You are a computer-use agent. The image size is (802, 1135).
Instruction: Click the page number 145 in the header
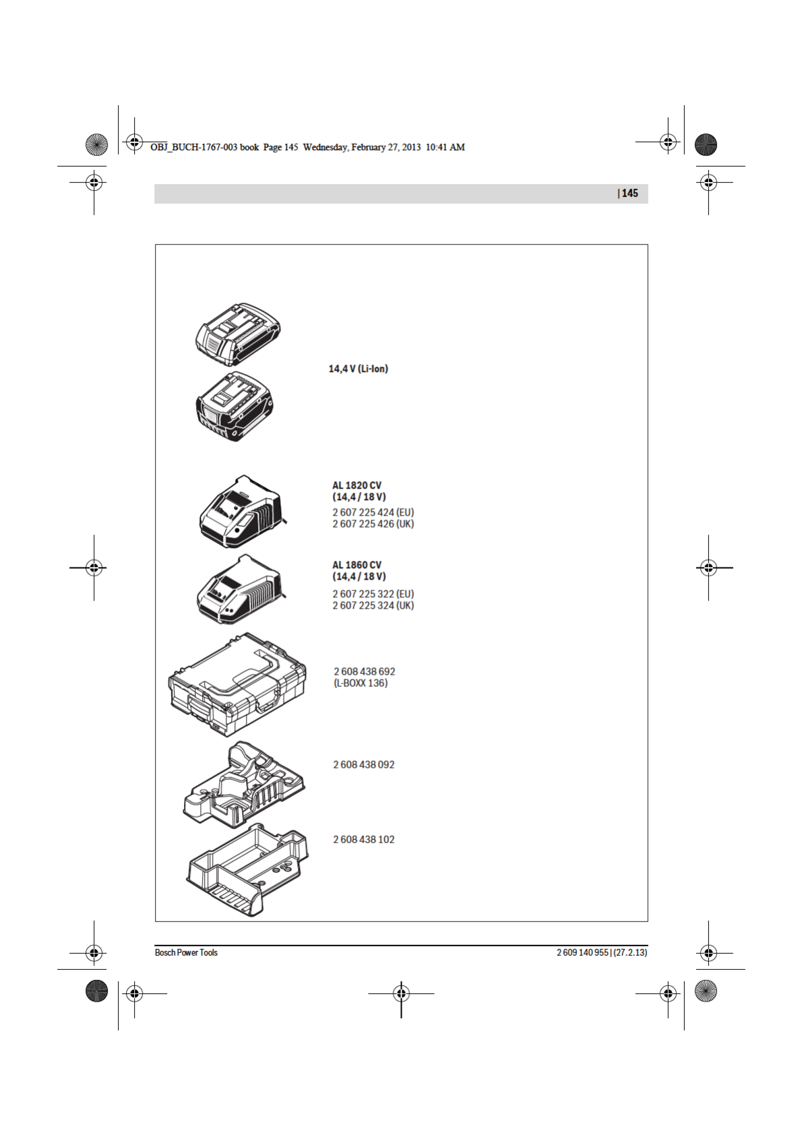click(629, 193)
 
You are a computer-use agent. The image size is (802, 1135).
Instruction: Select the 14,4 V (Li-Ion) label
click(358, 369)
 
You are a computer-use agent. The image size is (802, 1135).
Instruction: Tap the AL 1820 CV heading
click(357, 485)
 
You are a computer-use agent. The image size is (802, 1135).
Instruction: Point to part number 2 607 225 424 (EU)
click(373, 512)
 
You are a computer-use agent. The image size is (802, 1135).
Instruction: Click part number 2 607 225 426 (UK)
click(373, 524)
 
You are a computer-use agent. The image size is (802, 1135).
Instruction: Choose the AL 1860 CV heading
click(357, 565)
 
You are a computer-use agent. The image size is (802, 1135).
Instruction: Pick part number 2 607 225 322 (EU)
click(373, 594)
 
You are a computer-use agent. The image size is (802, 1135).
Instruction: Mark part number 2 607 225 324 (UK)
click(373, 605)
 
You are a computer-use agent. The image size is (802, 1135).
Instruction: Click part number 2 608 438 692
click(365, 671)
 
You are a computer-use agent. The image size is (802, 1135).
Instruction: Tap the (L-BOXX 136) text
click(361, 683)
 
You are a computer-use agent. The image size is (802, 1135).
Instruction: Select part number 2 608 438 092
click(364, 764)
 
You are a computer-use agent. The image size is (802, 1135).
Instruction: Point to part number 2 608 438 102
click(364, 839)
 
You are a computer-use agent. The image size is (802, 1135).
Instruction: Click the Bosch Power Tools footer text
click(186, 952)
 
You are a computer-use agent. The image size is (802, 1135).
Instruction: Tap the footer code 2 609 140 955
click(582, 952)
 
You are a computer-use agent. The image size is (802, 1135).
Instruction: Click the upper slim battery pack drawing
click(237, 334)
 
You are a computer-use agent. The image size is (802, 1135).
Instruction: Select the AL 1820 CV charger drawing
click(241, 512)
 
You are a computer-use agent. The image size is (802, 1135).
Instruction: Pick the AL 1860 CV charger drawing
click(239, 590)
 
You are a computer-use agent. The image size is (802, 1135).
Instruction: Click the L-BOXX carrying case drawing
click(237, 684)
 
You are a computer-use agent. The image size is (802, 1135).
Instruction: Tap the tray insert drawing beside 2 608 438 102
click(247, 869)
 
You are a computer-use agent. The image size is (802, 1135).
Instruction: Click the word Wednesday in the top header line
click(325, 147)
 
